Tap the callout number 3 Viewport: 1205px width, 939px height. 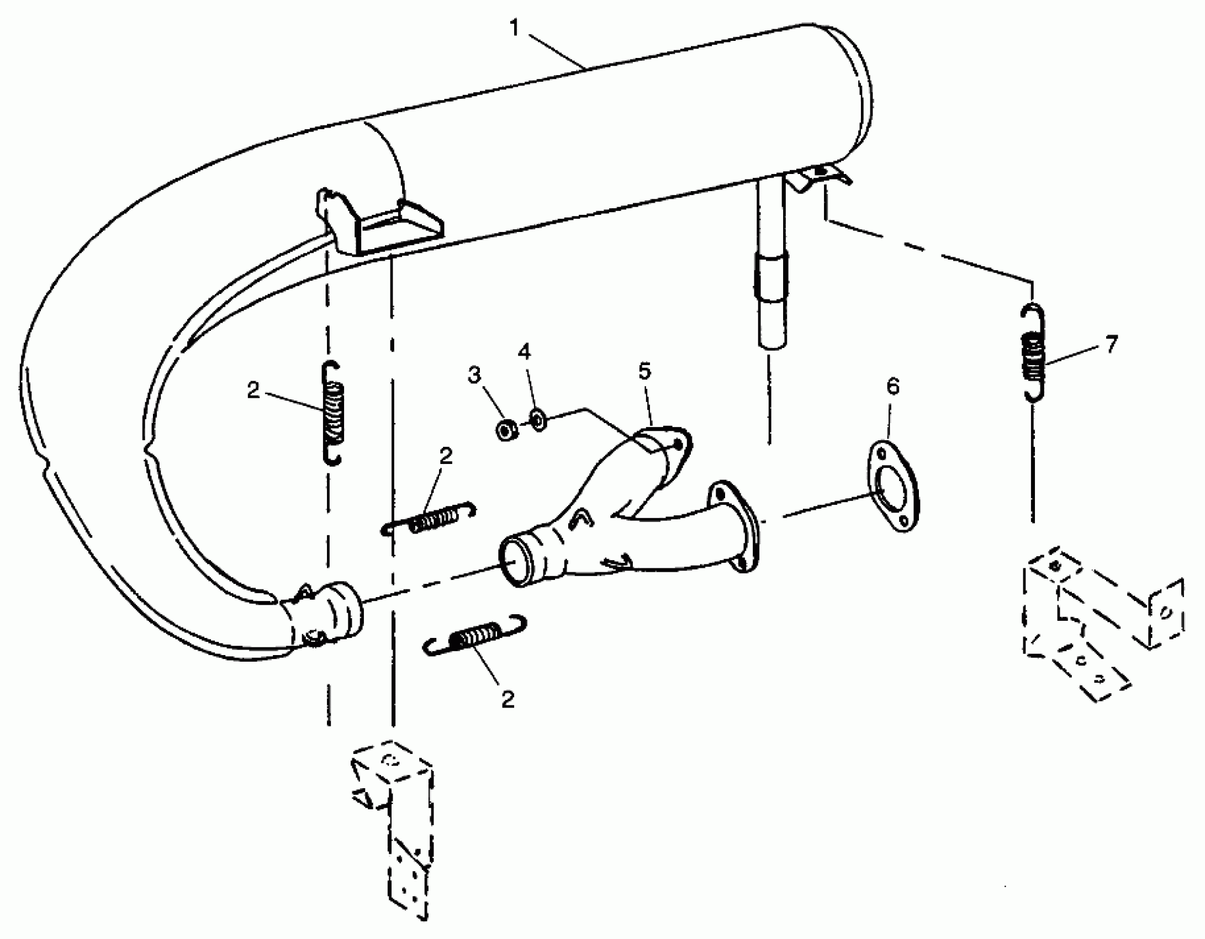coord(474,376)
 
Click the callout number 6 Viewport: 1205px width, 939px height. coord(892,387)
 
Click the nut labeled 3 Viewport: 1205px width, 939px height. coord(505,430)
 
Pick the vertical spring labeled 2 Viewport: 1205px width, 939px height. coord(332,413)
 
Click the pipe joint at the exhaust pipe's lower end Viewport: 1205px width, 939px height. coord(326,614)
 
